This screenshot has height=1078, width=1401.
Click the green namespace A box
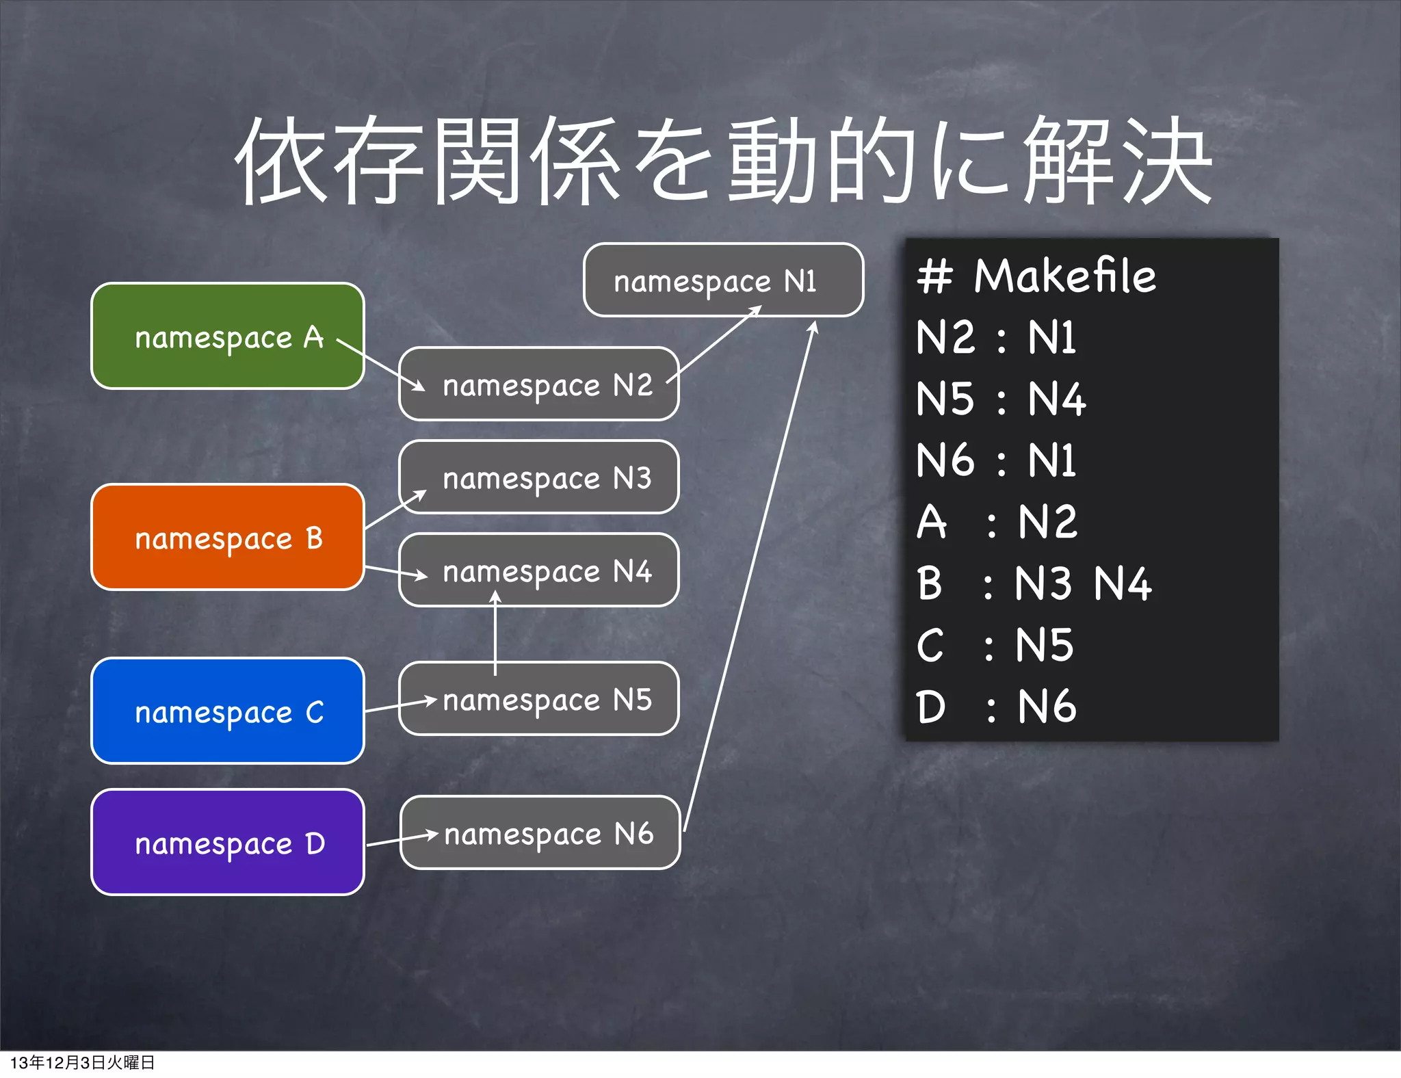click(227, 336)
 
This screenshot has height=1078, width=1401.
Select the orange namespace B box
click(227, 537)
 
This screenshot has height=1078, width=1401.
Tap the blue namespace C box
click(227, 711)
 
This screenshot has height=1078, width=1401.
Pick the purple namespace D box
click(227, 842)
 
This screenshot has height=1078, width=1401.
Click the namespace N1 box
click(723, 280)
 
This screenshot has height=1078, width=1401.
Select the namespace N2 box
click(539, 384)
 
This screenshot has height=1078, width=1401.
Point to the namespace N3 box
click(539, 477)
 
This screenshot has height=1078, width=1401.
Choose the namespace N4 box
click(539, 570)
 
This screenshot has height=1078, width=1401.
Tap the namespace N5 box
click(539, 698)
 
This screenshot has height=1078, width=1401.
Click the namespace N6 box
click(540, 832)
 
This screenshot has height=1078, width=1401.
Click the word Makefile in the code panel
click(1064, 276)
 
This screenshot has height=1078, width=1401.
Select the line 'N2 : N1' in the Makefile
click(996, 338)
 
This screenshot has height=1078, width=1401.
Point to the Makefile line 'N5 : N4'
click(1000, 399)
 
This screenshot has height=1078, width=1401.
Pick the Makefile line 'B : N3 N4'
click(1033, 584)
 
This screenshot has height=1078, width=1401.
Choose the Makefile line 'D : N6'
click(996, 707)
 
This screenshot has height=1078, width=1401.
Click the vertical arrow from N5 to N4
click(495, 633)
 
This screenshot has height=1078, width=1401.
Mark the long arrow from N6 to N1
click(749, 575)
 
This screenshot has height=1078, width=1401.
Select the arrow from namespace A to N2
click(380, 365)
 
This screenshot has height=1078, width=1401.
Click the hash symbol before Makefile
click(934, 276)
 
